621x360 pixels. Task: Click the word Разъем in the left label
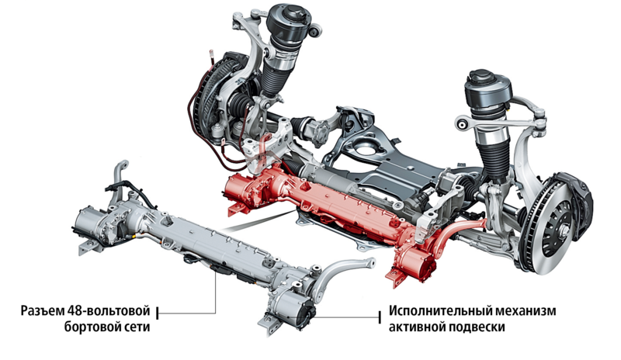[x=42, y=311]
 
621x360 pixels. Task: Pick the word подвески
[x=477, y=328]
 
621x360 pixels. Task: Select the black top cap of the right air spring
[x=488, y=91]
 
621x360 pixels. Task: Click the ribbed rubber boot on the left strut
[x=273, y=78]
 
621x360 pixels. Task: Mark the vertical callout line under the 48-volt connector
[x=216, y=292]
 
